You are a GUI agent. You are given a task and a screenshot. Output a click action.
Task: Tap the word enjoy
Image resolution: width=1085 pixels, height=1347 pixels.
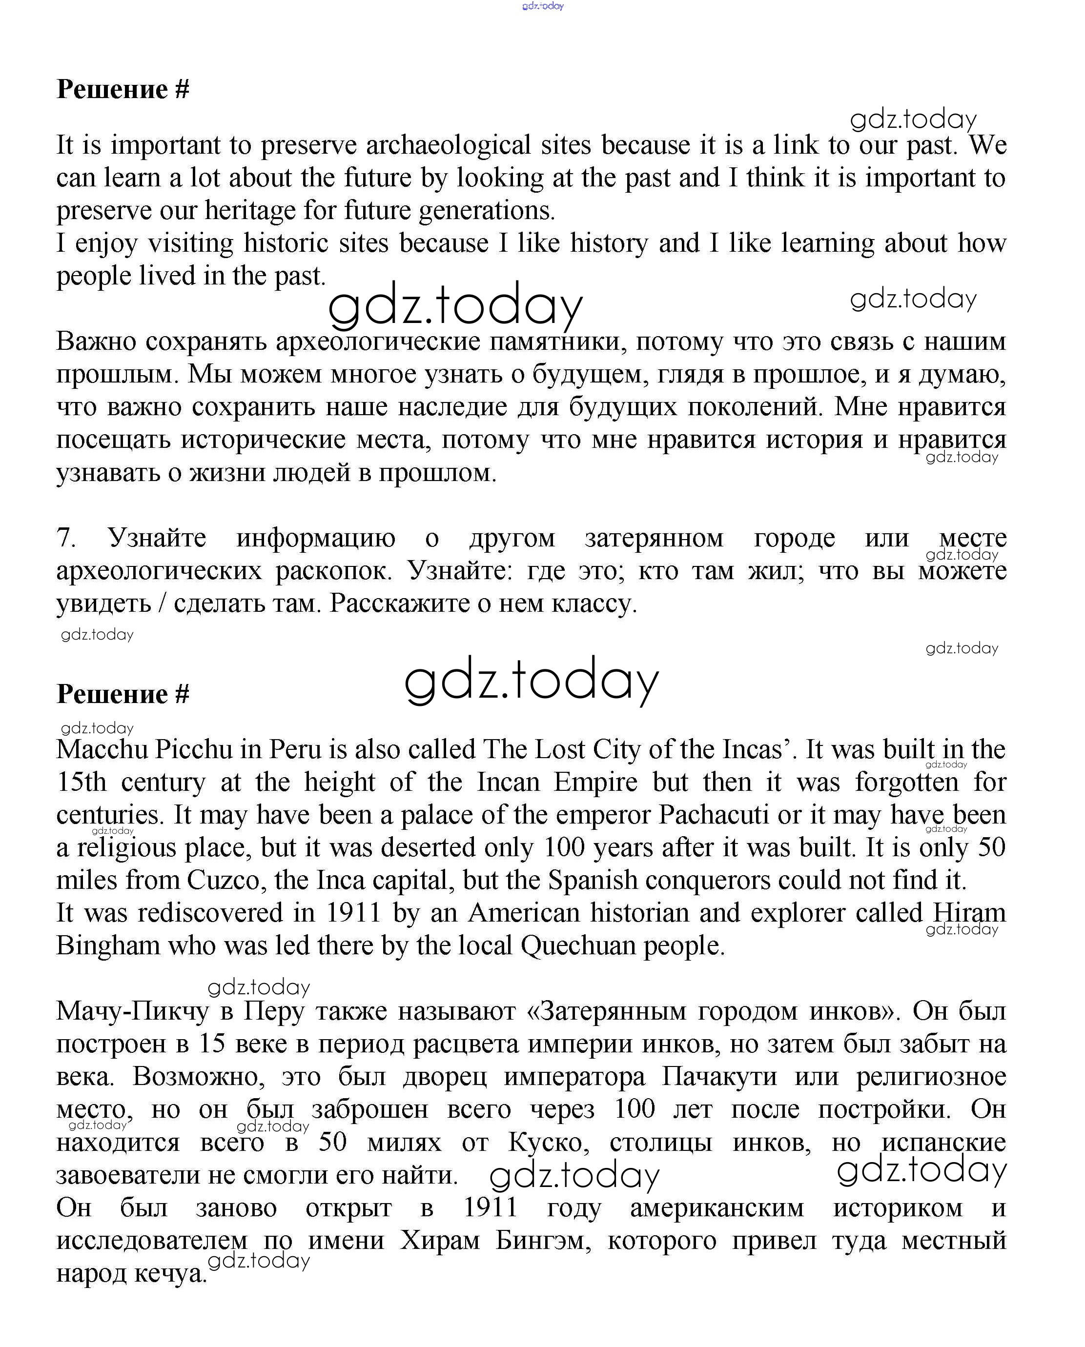coord(106,243)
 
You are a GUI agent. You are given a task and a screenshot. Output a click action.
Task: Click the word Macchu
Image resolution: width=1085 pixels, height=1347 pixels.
coord(102,750)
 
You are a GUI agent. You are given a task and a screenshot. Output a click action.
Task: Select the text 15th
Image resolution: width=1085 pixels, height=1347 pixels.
coord(81,782)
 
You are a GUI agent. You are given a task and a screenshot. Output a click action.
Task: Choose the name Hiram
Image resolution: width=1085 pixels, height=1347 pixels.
coord(969,913)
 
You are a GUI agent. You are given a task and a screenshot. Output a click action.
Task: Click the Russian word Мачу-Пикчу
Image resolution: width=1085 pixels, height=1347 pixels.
coord(132,1011)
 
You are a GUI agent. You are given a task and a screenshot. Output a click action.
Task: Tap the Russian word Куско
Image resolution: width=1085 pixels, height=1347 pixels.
coord(546,1143)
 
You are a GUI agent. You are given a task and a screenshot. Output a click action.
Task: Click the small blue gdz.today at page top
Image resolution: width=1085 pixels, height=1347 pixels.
coord(543,6)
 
